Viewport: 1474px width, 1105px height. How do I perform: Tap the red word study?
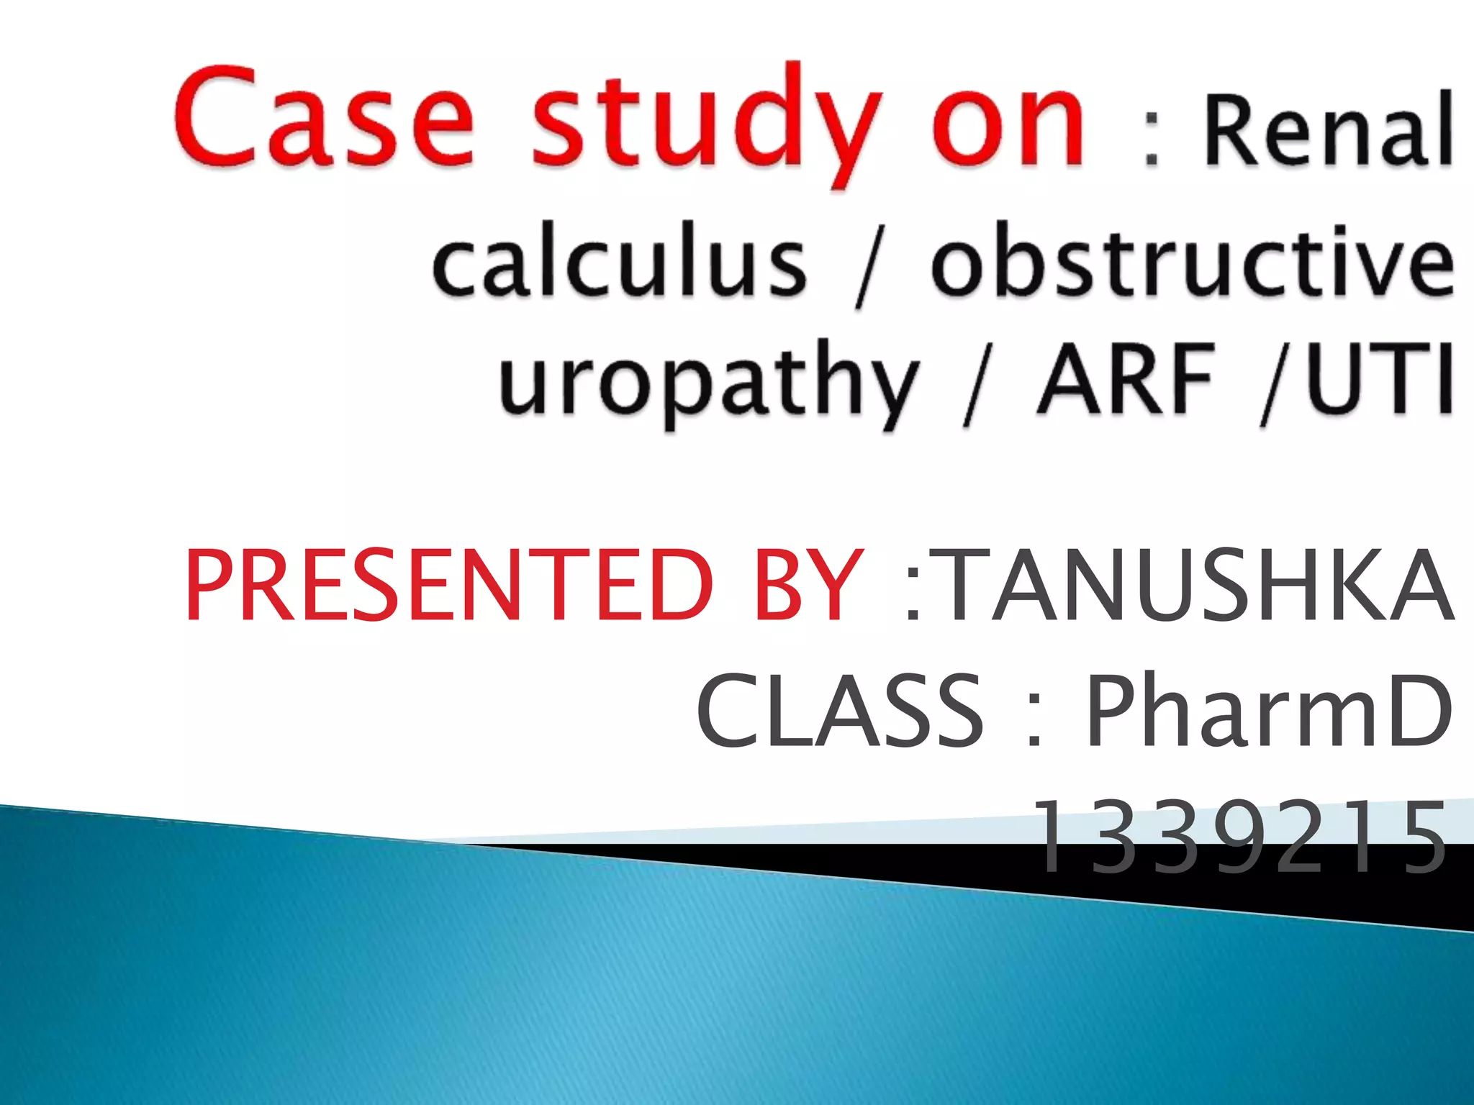click(705, 122)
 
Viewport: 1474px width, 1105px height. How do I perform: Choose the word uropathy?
click(709, 381)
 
